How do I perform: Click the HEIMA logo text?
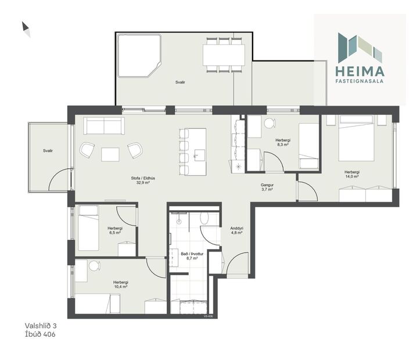pos(360,71)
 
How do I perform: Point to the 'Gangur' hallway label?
pos(267,184)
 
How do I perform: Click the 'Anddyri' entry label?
pos(236,228)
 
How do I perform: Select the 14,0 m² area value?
pos(351,178)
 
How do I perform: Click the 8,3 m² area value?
pos(283,146)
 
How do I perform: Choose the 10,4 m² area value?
pos(120,286)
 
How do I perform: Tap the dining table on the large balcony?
pos(224,55)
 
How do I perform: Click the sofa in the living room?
pos(104,126)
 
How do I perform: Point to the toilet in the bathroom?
pos(204,218)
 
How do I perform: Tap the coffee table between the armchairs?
pos(110,154)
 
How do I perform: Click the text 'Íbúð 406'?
pos(41,334)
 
